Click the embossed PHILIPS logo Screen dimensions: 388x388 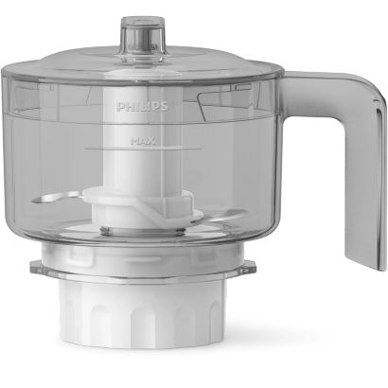click(x=142, y=107)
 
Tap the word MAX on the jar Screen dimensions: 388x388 click(x=143, y=141)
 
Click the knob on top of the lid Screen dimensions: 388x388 click(x=144, y=38)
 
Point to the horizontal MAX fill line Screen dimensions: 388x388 click(x=143, y=147)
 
